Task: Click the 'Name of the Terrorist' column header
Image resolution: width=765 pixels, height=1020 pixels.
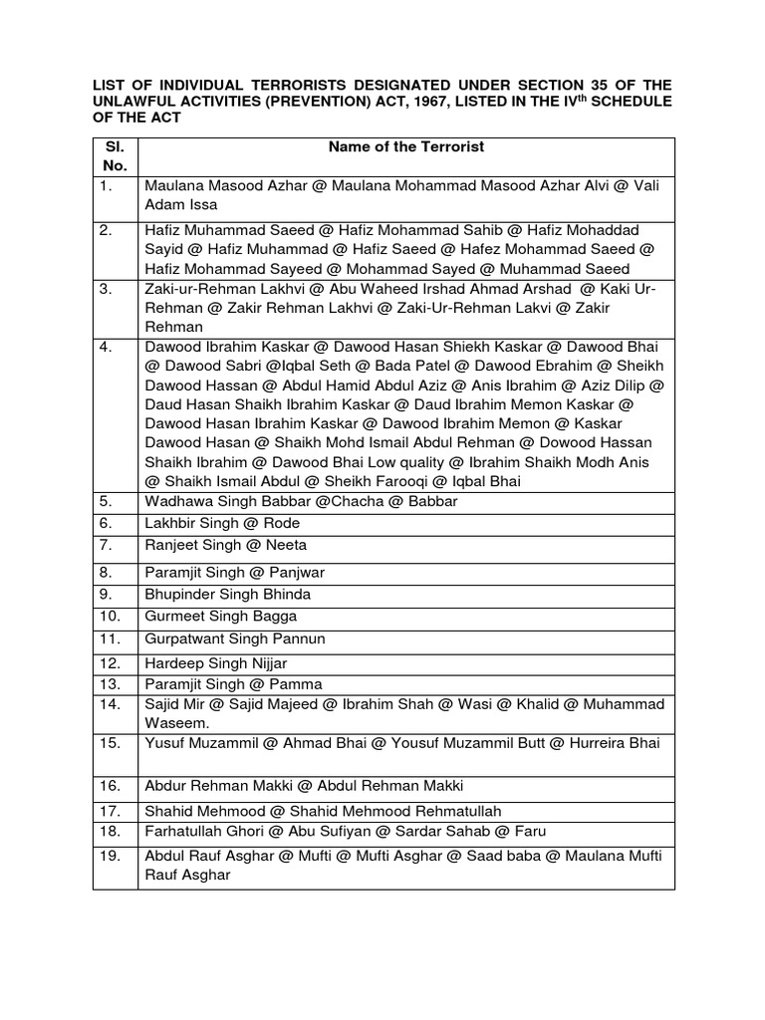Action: pyautogui.click(x=406, y=146)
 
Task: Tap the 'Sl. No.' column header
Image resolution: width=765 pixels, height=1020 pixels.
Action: pyautogui.click(x=115, y=156)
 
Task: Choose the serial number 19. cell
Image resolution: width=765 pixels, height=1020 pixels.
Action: pyautogui.click(x=110, y=856)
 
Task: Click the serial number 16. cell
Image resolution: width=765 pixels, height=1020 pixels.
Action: pyautogui.click(x=110, y=785)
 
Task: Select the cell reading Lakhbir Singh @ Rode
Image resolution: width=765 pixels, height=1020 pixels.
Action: pyautogui.click(x=222, y=523)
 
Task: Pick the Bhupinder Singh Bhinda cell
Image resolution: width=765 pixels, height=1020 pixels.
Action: pyautogui.click(x=228, y=594)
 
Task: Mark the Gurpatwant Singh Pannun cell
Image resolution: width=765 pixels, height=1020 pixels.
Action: pyautogui.click(x=235, y=638)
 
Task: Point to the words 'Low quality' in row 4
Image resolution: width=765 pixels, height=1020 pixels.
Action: pyautogui.click(x=404, y=462)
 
